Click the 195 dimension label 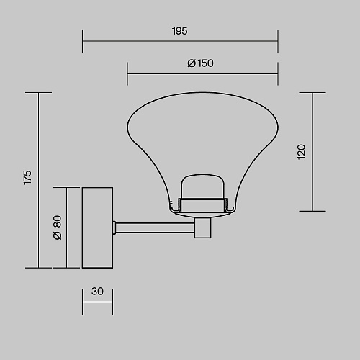pyautogui.click(x=179, y=31)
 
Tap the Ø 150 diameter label pyautogui.click(x=200, y=63)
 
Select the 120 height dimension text pyautogui.click(x=301, y=151)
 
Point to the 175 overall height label pyautogui.click(x=27, y=177)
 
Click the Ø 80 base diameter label pyautogui.click(x=58, y=228)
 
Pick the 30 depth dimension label pyautogui.click(x=97, y=292)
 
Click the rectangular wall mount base pyautogui.click(x=97, y=228)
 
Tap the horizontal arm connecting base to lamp pyautogui.click(x=155, y=228)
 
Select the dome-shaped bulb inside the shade pyautogui.click(x=203, y=186)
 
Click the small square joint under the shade pyautogui.click(x=203, y=228)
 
